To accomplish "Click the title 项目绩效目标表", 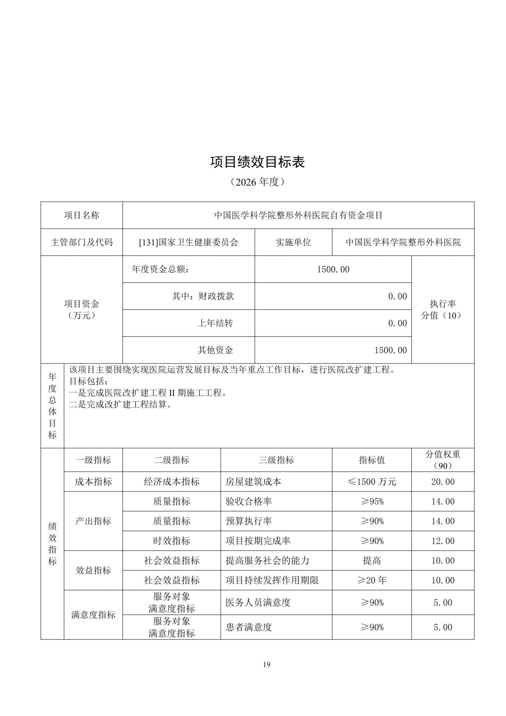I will click(257, 162).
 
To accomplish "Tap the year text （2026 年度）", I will click(257, 182).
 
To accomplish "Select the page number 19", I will click(266, 664).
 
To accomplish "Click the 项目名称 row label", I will click(82, 215).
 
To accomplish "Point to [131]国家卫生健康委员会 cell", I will click(189, 242).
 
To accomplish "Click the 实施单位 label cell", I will click(293, 242).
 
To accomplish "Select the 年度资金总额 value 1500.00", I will click(333, 269).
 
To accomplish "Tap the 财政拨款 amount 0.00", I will click(397, 296).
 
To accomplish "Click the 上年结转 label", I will click(215, 323).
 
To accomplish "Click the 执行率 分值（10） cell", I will click(443, 309).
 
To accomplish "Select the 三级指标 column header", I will click(276, 460).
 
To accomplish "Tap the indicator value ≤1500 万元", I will click(372, 482).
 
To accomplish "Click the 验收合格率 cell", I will click(249, 501).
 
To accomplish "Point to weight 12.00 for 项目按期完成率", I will click(443, 541).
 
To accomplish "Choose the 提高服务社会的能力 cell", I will click(267, 560).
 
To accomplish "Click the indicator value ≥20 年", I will click(372, 580).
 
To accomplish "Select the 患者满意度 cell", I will click(249, 627).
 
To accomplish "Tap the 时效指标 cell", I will click(171, 541).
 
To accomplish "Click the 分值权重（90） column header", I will click(443, 460).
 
